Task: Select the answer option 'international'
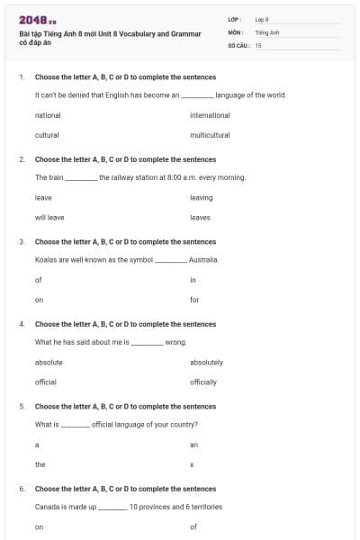210,115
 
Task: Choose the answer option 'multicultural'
210,135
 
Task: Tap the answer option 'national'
48,115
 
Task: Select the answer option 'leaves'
201,217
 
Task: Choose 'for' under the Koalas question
194,299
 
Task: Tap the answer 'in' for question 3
193,279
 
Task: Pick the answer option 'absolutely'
206,362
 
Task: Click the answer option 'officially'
203,382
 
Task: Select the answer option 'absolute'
49,362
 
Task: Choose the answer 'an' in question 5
193,444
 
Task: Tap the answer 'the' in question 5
40,463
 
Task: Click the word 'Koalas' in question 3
45,259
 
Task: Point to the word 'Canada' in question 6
47,507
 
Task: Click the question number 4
22,324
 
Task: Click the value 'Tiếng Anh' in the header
266,31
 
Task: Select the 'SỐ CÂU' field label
238,44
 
